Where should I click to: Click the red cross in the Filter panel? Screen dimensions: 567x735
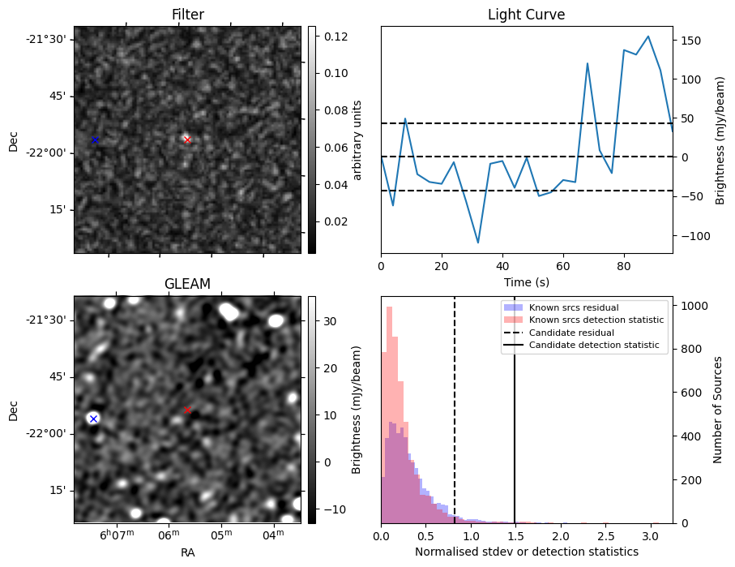[x=187, y=140]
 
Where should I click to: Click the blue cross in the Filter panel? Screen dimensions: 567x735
[x=94, y=140]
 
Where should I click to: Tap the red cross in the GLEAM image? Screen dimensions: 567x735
[x=187, y=410]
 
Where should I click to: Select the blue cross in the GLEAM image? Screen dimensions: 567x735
[x=93, y=419]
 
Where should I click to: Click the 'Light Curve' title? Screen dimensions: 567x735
[x=526, y=15]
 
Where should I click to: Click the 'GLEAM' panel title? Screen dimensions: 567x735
[x=187, y=284]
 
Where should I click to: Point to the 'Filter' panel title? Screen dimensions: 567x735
[x=187, y=15]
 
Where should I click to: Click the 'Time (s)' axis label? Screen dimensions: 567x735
[x=526, y=281]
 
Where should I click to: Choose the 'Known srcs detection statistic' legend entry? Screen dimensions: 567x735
[x=596, y=320]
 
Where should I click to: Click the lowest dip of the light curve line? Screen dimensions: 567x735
[x=478, y=243]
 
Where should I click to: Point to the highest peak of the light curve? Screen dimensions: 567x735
[x=647, y=37]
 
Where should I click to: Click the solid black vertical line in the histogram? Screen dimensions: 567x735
[x=515, y=422]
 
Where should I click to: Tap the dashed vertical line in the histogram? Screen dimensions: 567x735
[x=455, y=422]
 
